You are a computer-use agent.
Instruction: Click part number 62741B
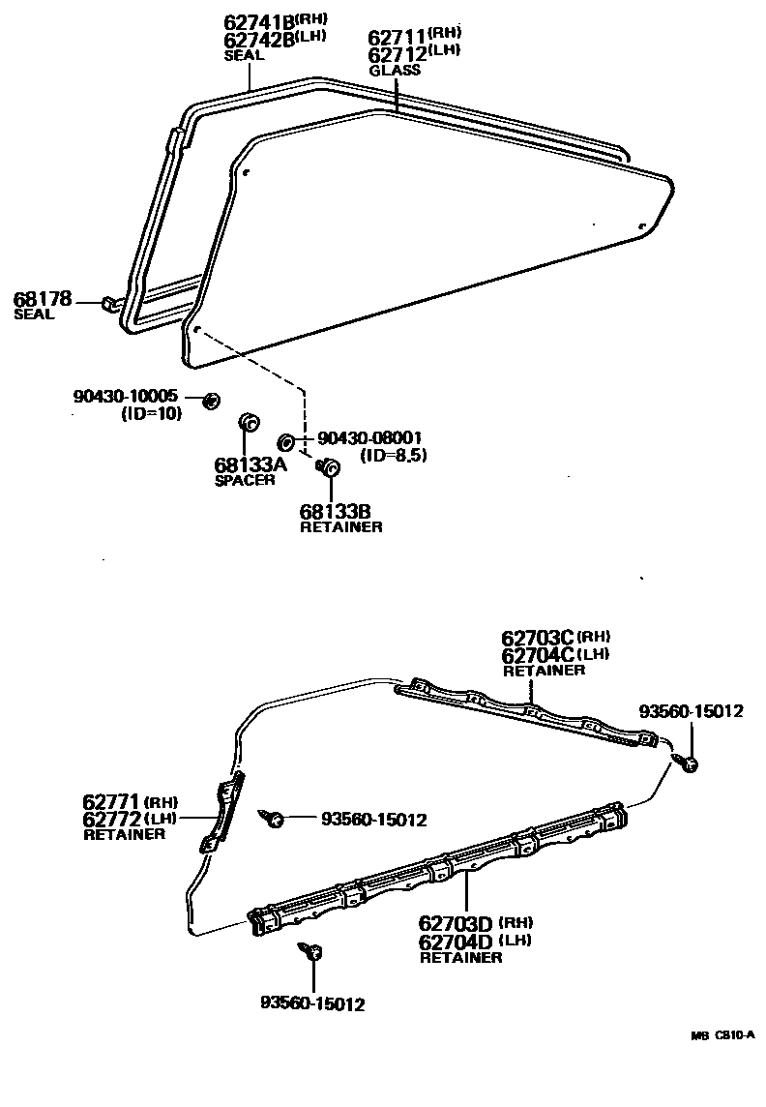(258, 21)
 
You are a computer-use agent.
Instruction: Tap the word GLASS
(395, 71)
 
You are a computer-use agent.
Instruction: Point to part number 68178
(42, 299)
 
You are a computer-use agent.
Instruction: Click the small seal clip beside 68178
(108, 305)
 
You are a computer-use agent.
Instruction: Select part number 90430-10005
(125, 397)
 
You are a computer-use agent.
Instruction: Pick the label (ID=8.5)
(393, 454)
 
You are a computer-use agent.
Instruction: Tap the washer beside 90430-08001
(286, 442)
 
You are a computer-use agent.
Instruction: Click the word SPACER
(244, 480)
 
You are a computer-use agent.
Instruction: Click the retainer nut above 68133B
(329, 468)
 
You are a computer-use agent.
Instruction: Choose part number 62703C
(538, 638)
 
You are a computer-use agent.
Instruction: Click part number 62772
(112, 819)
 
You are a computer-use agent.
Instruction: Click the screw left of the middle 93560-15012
(274, 821)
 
